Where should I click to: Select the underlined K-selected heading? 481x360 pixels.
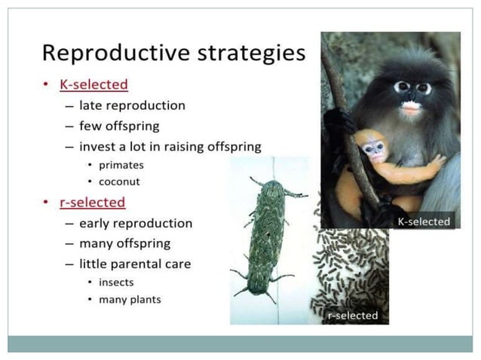[x=93, y=84]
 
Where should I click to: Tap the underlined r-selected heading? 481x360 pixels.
[x=92, y=203]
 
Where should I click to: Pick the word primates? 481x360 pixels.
[x=121, y=165]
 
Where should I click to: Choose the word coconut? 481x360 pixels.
[x=119, y=182]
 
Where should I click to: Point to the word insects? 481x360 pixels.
[x=117, y=282]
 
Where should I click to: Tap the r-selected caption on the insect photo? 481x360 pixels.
[x=353, y=316]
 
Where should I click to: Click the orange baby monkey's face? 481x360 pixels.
[x=373, y=147]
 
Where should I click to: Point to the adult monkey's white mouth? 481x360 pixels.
[x=411, y=108]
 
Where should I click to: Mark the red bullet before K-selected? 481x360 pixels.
[x=47, y=84]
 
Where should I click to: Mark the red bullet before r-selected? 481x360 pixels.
[x=47, y=203]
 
